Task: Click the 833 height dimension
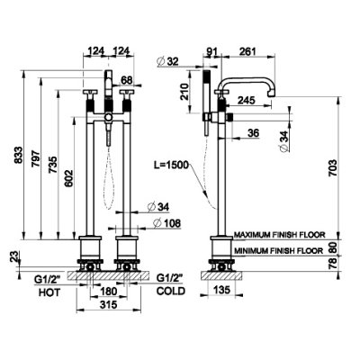(x=18, y=155)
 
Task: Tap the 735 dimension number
(x=52, y=165)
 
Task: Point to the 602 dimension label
(x=68, y=178)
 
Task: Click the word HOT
(x=49, y=292)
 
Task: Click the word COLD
(x=171, y=291)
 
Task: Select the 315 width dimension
(x=108, y=305)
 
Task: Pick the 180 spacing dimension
(x=108, y=291)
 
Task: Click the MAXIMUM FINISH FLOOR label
(x=280, y=235)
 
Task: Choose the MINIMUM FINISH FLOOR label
(x=279, y=250)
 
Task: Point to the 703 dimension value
(x=333, y=168)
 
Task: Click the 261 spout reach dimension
(x=247, y=51)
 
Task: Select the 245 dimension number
(x=246, y=100)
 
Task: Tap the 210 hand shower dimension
(x=184, y=92)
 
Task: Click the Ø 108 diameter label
(x=166, y=223)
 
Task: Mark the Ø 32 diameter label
(x=167, y=61)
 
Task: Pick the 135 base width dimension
(x=222, y=290)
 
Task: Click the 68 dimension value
(x=127, y=80)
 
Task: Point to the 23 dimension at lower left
(x=14, y=256)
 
